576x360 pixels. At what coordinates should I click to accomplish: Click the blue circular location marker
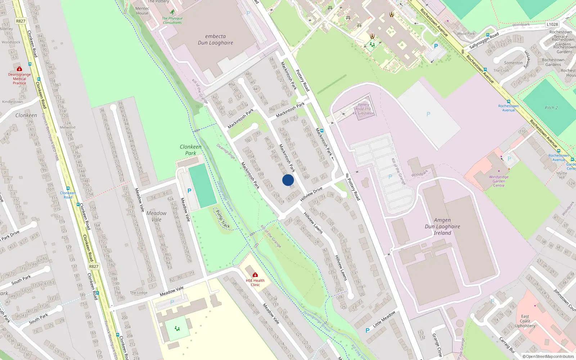click(x=288, y=180)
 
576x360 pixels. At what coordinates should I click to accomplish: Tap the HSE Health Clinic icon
click(x=255, y=275)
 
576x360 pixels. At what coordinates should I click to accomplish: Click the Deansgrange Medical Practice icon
click(x=19, y=69)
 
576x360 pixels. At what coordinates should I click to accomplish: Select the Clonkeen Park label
click(x=190, y=150)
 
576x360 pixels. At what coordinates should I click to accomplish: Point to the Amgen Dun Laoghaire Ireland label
click(x=442, y=226)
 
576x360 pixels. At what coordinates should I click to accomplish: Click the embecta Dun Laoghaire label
click(x=215, y=40)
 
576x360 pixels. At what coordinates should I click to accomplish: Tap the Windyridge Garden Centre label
click(x=499, y=181)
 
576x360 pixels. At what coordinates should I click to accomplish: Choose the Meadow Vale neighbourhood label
click(x=156, y=216)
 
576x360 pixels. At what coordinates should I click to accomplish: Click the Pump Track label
click(x=222, y=219)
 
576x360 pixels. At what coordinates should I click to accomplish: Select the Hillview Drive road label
click(x=311, y=194)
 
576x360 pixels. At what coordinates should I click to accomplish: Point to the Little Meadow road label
click(x=384, y=319)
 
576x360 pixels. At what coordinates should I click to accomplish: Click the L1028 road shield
click(x=552, y=24)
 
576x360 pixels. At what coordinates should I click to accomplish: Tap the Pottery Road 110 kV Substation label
click(x=363, y=109)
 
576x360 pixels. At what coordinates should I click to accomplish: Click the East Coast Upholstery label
click(x=525, y=321)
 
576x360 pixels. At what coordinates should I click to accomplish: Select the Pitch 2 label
click(x=551, y=108)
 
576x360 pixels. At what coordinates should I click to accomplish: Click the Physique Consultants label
click(x=172, y=20)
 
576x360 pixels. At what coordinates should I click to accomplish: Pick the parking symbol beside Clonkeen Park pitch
click(x=189, y=191)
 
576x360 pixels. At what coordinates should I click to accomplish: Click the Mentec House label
click(x=142, y=11)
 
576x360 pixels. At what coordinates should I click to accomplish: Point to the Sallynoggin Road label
click(x=484, y=41)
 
